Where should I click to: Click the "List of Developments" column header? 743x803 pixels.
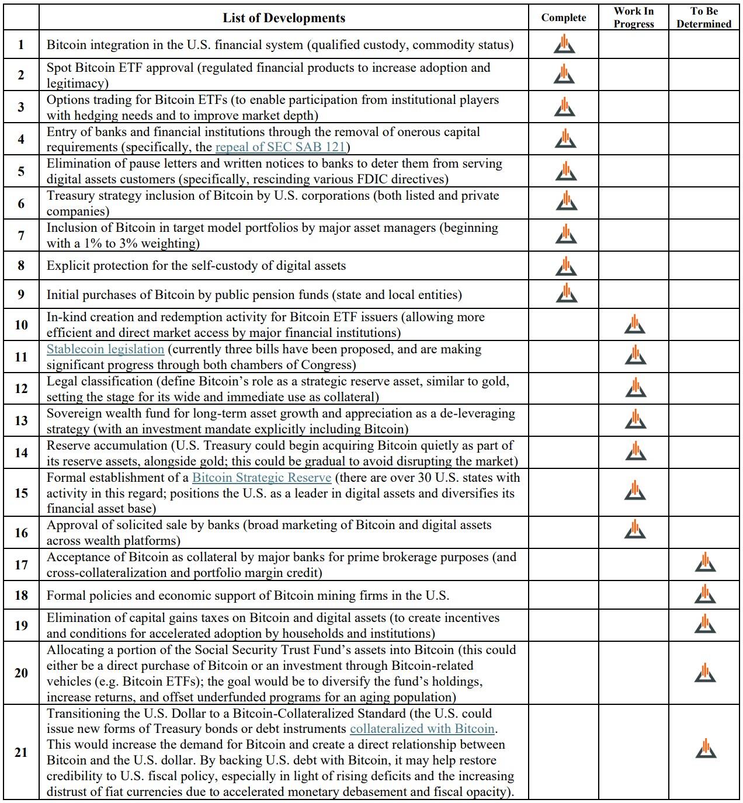point(284,18)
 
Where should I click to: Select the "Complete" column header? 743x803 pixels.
point(563,18)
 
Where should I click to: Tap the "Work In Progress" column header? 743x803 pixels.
point(634,18)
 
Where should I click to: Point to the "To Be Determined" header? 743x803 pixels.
point(704,18)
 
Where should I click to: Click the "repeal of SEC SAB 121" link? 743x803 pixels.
point(281,147)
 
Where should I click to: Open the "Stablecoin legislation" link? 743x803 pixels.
point(105,349)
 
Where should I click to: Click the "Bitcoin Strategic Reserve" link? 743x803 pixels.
point(262,478)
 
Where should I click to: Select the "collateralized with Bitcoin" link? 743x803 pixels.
point(422,729)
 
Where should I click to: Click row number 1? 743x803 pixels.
point(21,45)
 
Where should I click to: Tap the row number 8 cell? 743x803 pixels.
point(21,266)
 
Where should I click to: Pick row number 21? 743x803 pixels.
point(21,752)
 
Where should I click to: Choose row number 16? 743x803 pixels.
point(21,533)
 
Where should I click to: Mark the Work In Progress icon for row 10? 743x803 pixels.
point(635,325)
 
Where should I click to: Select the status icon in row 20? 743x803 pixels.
point(706,673)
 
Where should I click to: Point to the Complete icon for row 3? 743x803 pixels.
point(565,107)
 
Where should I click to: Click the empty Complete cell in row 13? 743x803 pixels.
point(564,420)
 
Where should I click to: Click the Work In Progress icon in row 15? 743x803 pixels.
point(635,491)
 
